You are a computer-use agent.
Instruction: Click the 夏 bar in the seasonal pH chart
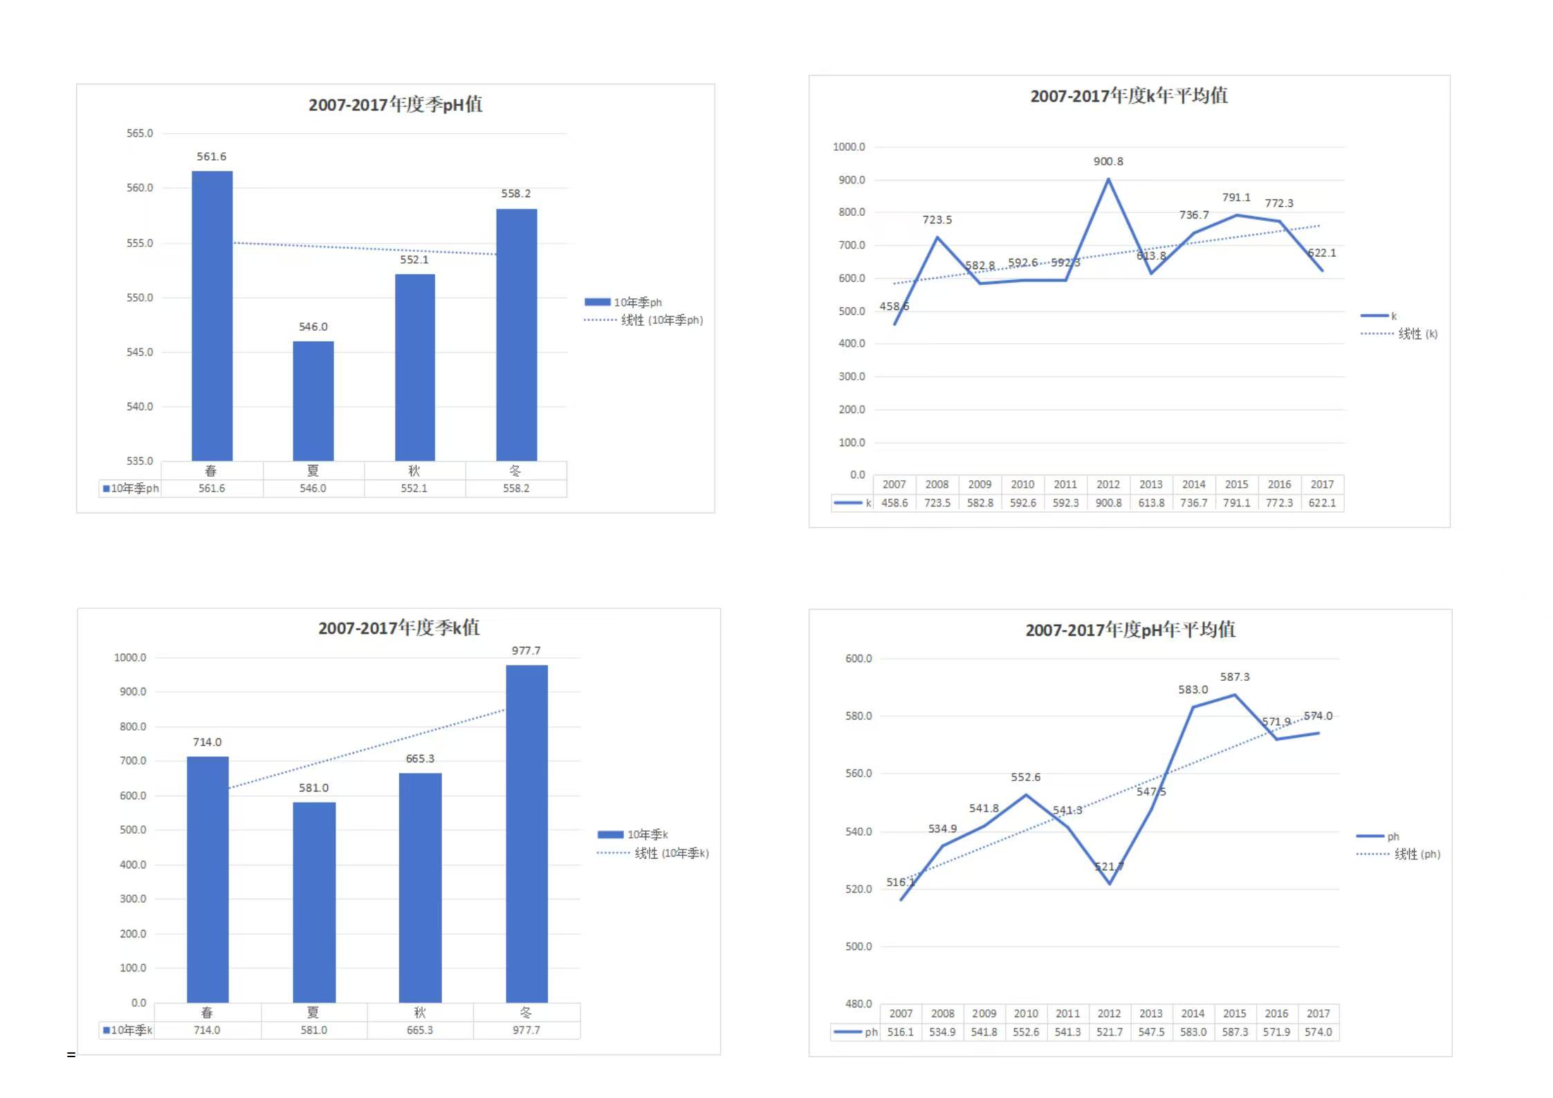click(x=313, y=401)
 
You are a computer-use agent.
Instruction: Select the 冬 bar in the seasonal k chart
click(x=526, y=834)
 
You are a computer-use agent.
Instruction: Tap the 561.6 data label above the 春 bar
click(x=211, y=157)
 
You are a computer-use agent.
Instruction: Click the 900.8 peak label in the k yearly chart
click(x=1108, y=162)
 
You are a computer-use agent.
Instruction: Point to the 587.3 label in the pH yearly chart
click(x=1235, y=677)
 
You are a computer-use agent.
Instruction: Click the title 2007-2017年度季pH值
click(x=395, y=105)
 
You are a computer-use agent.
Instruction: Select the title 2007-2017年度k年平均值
click(x=1129, y=96)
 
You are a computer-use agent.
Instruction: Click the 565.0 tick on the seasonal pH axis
click(x=140, y=134)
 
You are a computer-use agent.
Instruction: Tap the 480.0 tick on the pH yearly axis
click(x=858, y=1004)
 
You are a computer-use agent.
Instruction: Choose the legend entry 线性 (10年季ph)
click(x=661, y=320)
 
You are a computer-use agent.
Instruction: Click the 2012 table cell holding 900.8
click(x=1108, y=503)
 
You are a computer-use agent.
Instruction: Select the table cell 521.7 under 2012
click(x=1109, y=1032)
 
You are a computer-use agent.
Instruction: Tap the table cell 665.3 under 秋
click(x=420, y=1030)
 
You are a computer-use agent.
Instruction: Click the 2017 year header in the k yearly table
click(x=1322, y=485)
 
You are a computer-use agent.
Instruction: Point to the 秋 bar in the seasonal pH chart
click(x=415, y=367)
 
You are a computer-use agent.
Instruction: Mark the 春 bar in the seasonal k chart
click(x=208, y=879)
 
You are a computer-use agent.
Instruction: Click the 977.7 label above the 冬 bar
click(x=526, y=651)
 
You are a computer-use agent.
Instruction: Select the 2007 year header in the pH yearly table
click(x=901, y=1014)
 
